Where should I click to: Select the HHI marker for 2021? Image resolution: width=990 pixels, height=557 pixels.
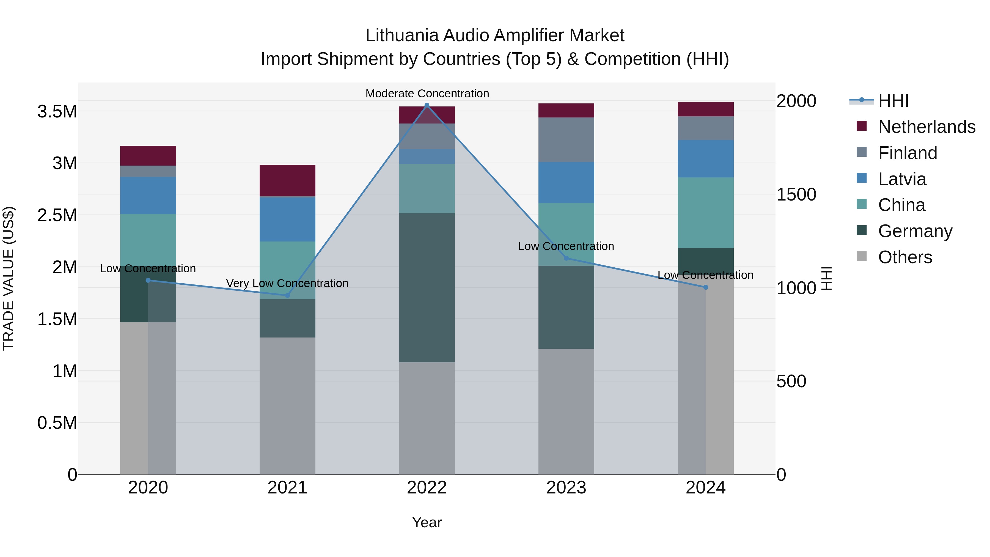[x=287, y=295]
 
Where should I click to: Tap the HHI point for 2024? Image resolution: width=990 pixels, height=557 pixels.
[x=706, y=287]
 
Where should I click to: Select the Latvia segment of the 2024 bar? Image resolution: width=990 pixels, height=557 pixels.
[x=706, y=158]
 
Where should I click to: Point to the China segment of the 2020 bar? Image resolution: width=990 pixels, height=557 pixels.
[x=148, y=238]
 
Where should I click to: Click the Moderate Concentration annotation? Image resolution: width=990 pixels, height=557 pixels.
[x=427, y=94]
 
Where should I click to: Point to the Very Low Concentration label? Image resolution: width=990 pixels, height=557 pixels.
[x=287, y=283]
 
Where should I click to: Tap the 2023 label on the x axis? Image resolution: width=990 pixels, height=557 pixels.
[x=566, y=488]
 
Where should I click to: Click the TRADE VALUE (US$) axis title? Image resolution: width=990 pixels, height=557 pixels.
[x=9, y=278]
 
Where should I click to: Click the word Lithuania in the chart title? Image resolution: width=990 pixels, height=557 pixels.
[x=402, y=35]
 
